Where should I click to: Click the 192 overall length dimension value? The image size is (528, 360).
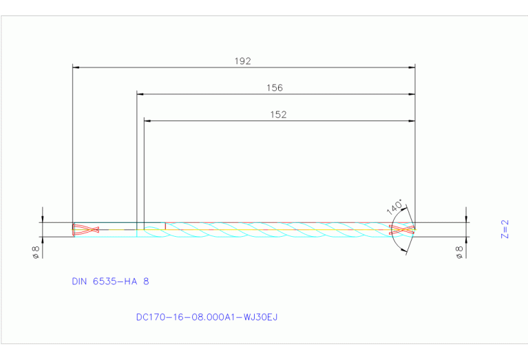(242, 61)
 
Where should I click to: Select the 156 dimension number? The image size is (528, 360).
(275, 87)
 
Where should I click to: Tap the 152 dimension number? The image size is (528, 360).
(278, 114)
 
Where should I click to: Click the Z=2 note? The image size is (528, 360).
(504, 229)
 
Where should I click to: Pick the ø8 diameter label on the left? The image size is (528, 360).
(36, 251)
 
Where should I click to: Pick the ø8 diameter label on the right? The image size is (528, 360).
(460, 251)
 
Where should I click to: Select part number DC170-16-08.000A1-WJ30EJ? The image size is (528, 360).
(207, 317)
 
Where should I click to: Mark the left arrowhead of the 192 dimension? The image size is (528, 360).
(76, 67)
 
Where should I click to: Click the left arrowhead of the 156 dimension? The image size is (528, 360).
(140, 94)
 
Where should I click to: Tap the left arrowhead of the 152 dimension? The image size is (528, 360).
(147, 121)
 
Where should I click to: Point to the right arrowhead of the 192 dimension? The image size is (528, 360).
(412, 67)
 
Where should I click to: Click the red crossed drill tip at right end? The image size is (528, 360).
(403, 229)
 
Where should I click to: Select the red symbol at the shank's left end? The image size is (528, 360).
(86, 229)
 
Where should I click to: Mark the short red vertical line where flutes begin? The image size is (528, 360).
(165, 226)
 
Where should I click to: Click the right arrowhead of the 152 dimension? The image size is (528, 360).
(412, 121)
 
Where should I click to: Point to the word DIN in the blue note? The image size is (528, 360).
(79, 282)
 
